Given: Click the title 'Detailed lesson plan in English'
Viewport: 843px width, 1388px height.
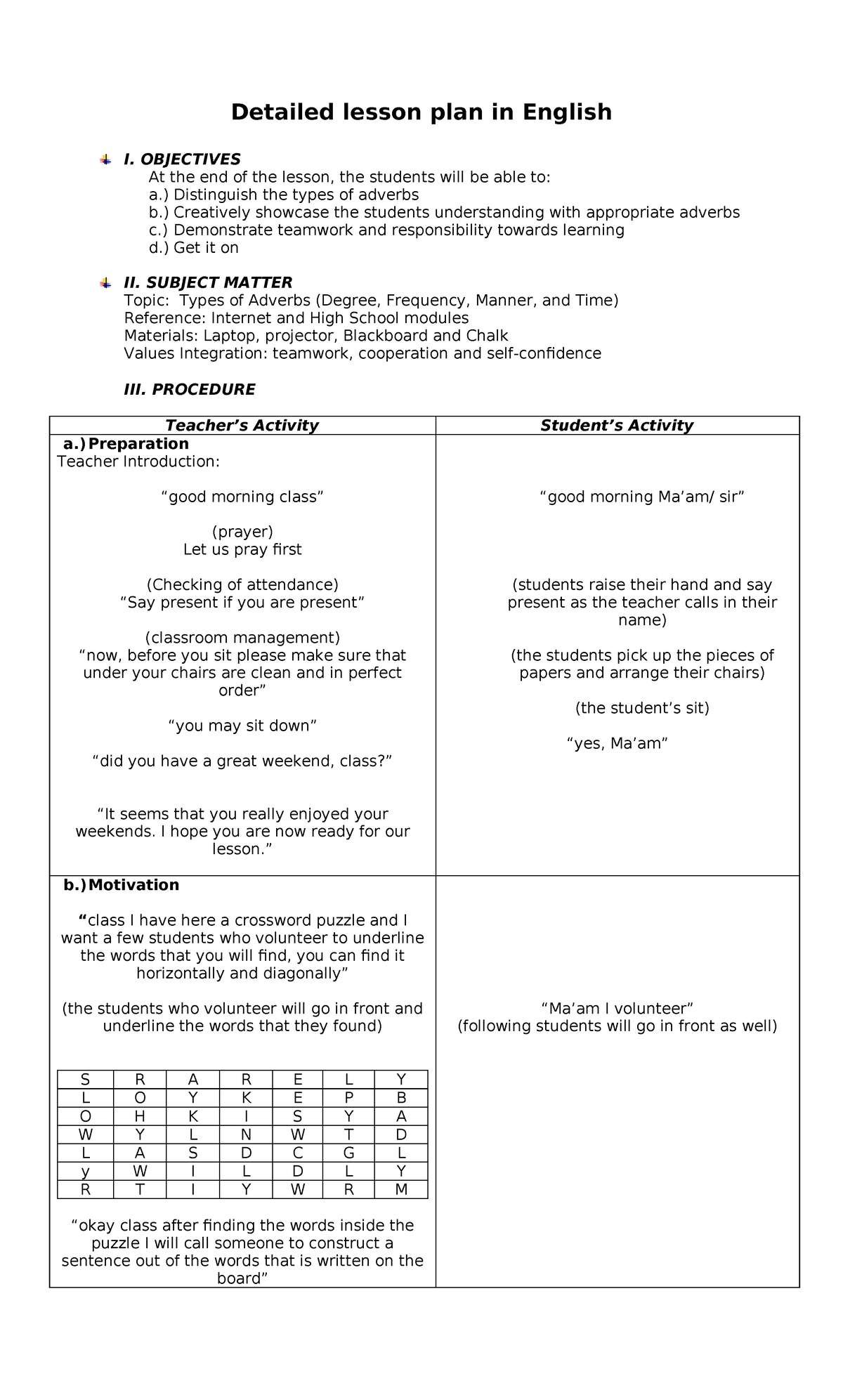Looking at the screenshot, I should coord(421,112).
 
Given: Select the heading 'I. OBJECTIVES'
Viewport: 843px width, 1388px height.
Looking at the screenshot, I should coord(182,159).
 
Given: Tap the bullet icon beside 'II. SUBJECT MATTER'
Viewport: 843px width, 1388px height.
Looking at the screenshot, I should coord(105,282).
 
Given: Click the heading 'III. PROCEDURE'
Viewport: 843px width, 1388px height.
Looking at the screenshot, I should coord(189,389).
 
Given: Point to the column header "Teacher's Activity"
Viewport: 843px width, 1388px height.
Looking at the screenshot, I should coord(242,425).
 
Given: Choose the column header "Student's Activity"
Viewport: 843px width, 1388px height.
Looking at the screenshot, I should coord(616,425).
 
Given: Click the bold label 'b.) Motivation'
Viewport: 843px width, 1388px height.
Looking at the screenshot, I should coord(121,885).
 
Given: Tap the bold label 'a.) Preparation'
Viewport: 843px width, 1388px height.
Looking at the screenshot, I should coord(126,444).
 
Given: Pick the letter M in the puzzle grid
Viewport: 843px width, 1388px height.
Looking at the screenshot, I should coord(401,1190).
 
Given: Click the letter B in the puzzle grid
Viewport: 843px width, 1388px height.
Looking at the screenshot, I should coord(401,1099).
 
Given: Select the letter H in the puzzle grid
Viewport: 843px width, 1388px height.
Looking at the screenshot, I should coord(140,1117).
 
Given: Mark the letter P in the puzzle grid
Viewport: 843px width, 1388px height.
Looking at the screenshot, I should coord(349,1099).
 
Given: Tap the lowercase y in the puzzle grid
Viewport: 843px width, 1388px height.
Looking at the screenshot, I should coord(86,1172).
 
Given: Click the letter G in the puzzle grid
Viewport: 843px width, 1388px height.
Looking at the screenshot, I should coord(349,1153).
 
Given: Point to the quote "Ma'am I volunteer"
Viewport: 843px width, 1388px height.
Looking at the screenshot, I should coord(617,1009).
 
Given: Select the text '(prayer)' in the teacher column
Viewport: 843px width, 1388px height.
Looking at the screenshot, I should coord(242,532).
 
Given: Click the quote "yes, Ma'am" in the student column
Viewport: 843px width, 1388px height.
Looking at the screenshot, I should coord(617,743).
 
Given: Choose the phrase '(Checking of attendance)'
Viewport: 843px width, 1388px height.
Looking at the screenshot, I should coord(242,584).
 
